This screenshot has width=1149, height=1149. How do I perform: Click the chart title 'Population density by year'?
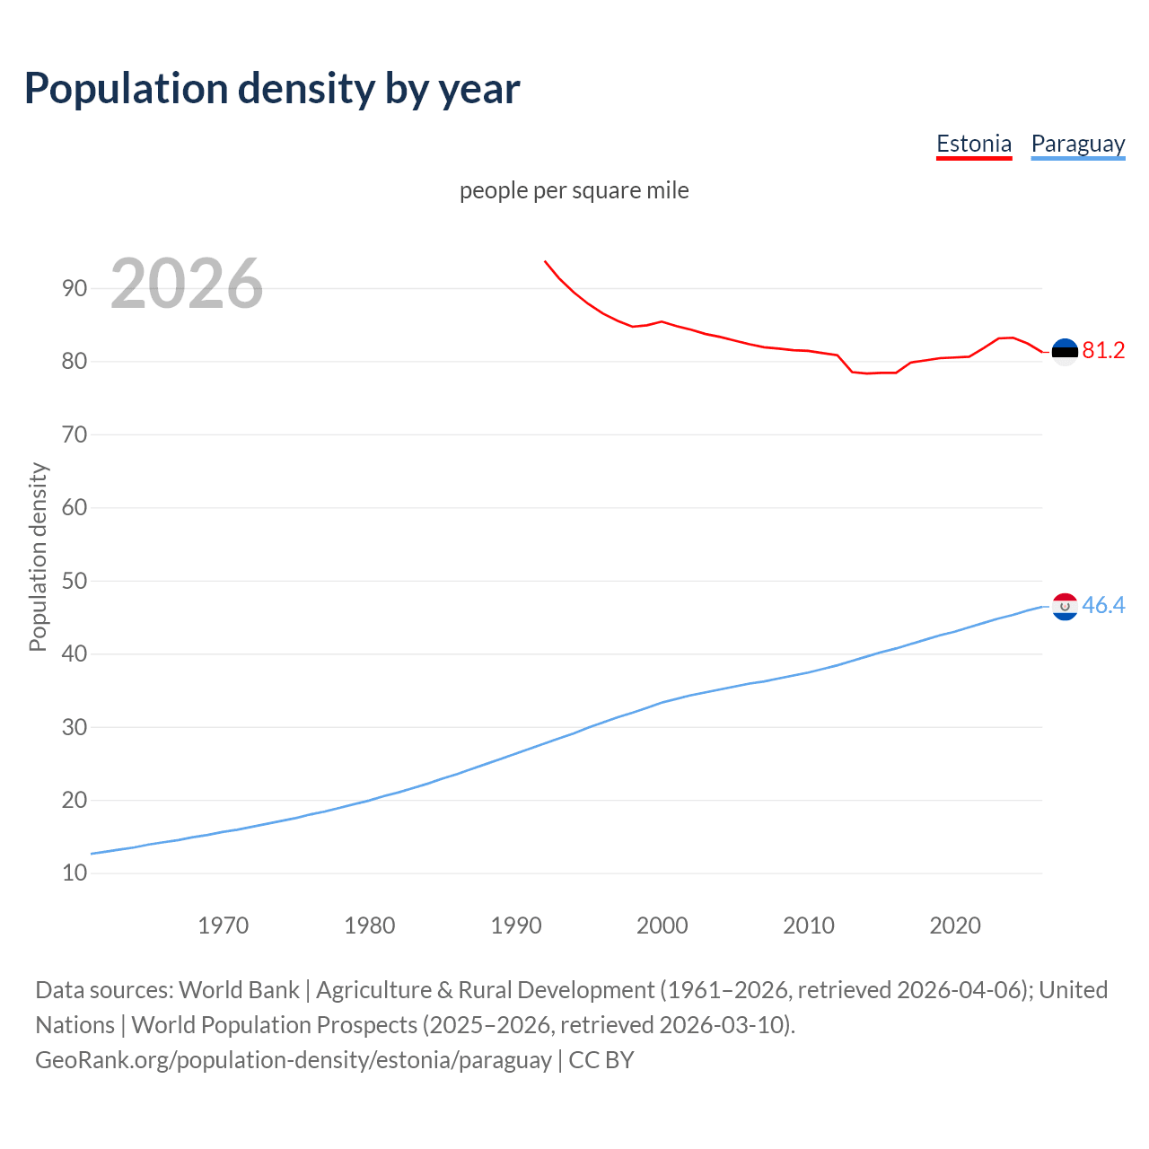tap(272, 89)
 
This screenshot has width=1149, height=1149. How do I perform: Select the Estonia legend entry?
tap(974, 144)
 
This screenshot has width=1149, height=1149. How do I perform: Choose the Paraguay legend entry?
tap(1077, 144)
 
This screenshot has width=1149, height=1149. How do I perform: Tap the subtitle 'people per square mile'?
tap(574, 190)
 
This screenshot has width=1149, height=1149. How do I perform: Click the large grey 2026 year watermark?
tap(187, 284)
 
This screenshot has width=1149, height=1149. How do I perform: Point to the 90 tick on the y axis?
tap(75, 288)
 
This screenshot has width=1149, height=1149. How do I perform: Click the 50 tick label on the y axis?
tap(75, 581)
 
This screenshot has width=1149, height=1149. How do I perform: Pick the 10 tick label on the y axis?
tap(75, 873)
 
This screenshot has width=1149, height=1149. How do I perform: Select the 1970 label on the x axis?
tap(223, 925)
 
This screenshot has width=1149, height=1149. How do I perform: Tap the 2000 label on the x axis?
tap(662, 925)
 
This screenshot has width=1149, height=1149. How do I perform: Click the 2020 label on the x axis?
tap(954, 925)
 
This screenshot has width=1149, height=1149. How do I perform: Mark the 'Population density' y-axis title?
tap(38, 557)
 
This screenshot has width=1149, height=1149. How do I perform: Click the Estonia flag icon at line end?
tap(1065, 352)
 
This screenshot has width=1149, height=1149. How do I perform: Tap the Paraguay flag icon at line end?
tap(1065, 607)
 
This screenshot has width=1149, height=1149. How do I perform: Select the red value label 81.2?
tap(1103, 351)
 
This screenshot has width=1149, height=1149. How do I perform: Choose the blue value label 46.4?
tap(1103, 606)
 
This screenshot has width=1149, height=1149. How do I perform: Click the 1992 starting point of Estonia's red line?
tap(545, 261)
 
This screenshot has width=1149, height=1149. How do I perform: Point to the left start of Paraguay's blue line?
tap(92, 854)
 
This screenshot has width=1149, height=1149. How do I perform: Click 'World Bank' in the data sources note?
tap(239, 990)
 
